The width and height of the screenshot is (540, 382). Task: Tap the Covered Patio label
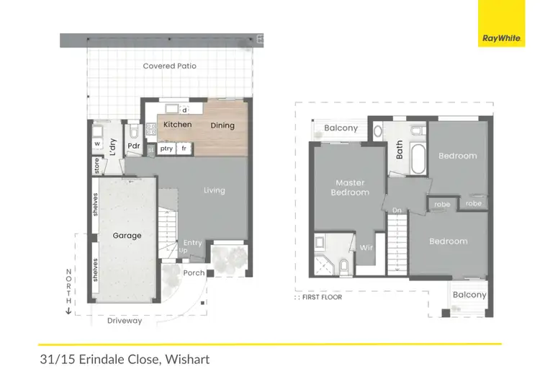(169, 66)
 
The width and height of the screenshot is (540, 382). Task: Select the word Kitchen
(177, 125)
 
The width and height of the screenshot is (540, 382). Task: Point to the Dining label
(222, 125)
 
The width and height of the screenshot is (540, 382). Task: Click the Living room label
(214, 190)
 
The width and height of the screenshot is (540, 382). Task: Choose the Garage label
(127, 236)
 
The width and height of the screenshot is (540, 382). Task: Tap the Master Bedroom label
(349, 187)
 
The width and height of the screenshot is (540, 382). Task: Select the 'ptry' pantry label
(166, 148)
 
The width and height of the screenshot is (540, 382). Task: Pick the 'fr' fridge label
(184, 148)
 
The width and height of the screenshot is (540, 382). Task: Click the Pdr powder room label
(133, 146)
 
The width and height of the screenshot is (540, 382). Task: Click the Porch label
(194, 273)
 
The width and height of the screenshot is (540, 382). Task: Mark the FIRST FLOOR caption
(321, 297)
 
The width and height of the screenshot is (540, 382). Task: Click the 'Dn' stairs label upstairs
(396, 210)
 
